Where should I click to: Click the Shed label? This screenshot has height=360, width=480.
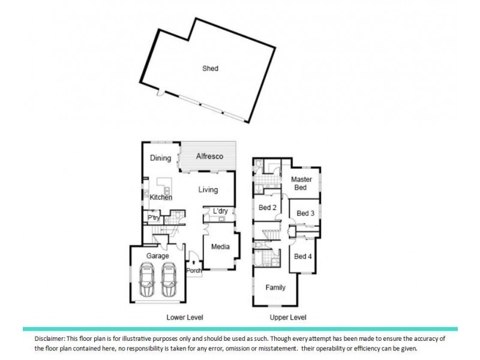pos(210,68)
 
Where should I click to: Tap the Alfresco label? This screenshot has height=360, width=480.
pos(210,157)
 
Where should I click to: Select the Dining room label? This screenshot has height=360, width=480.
pos(161,158)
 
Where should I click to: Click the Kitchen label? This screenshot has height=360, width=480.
pos(161,197)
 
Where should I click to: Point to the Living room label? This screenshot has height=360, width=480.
pos(208,190)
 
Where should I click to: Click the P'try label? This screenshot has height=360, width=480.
pos(154,218)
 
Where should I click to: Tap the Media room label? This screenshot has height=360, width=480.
pos(220,247)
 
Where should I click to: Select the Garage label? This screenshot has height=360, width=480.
pos(158,256)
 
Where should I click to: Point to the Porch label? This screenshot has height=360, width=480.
pos(194,270)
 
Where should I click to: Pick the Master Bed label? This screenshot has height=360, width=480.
pos(300,184)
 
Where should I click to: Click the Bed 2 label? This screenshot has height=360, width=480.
pos(267,208)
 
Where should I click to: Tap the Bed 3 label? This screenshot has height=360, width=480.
pos(305,214)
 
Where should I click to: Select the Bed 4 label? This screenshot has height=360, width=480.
pos(303,257)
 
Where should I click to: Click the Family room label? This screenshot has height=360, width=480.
pos(275,287)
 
